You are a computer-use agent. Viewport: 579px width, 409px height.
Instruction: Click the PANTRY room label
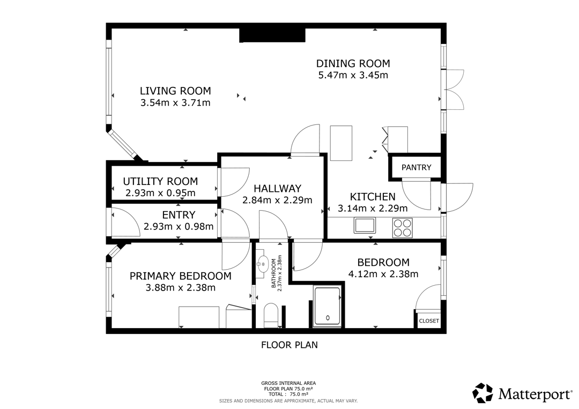coord(416,168)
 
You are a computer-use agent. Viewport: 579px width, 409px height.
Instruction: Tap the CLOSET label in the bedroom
coord(429,321)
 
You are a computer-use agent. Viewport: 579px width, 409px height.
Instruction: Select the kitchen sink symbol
coord(365,225)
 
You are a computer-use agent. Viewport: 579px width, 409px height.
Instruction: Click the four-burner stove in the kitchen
coord(402,228)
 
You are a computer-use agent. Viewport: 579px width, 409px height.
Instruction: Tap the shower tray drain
coord(328,317)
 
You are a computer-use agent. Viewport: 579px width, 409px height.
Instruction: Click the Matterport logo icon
coord(483,393)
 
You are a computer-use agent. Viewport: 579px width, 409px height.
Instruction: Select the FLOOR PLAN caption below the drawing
coord(289,345)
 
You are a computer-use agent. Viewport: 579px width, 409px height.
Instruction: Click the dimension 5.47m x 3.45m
coord(353,75)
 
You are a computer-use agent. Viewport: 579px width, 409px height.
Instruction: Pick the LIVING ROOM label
coord(175,91)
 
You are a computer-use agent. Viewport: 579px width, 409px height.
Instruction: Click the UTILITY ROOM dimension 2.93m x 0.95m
coord(161,193)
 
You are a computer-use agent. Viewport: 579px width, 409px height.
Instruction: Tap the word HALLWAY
coord(277,189)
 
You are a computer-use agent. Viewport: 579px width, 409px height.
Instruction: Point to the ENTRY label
coord(179,215)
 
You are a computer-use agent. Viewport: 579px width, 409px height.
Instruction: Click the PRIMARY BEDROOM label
coord(181,276)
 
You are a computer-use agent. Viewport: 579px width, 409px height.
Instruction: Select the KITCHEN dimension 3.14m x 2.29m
coord(373,209)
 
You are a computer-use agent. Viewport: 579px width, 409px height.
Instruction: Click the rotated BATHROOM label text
coord(273,273)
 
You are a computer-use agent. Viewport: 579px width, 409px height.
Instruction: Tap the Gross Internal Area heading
coord(288,383)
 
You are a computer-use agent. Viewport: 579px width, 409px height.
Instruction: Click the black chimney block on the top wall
coord(272,35)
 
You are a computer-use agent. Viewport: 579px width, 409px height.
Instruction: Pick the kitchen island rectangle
coord(341,143)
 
